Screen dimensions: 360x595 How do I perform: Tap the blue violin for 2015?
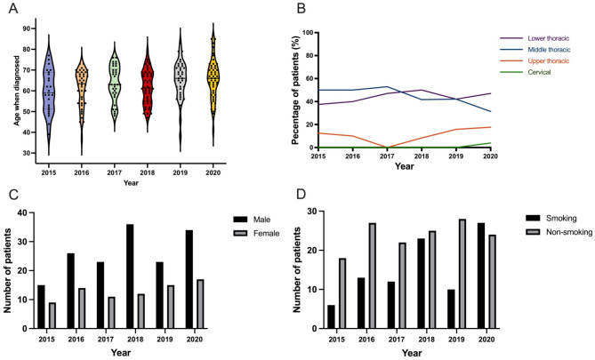coord(50,89)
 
